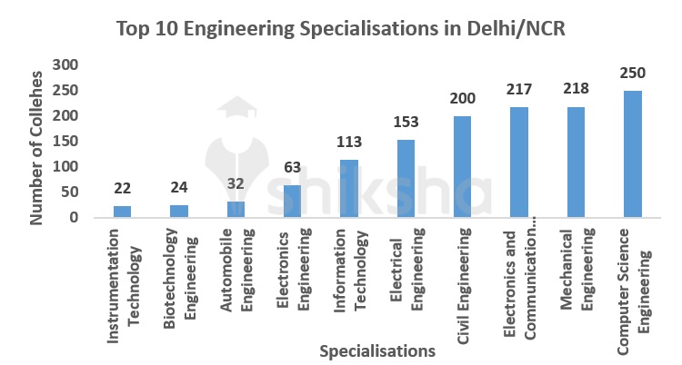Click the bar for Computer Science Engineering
633,154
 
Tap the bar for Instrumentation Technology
122,212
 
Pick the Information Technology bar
349,189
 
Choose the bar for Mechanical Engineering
577,163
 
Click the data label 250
633,73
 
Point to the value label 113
349,142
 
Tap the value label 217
519,89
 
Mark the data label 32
236,182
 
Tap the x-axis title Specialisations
376,350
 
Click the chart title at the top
341,28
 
